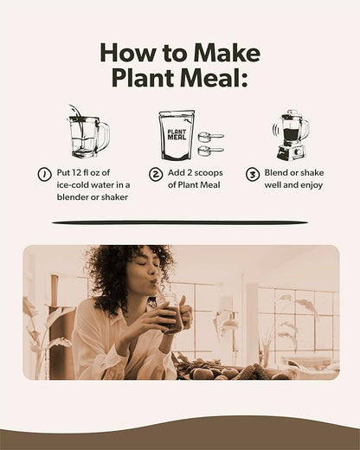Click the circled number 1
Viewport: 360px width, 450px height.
click(x=43, y=174)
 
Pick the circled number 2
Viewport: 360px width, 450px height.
click(x=156, y=174)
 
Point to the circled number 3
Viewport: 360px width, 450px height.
click(x=252, y=174)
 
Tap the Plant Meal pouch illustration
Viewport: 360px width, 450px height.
click(x=177, y=135)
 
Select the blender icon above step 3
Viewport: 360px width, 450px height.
click(x=291, y=134)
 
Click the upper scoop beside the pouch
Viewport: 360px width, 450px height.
click(x=210, y=137)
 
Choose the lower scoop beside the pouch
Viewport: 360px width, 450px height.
click(x=210, y=151)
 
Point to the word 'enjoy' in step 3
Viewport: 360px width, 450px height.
click(x=306, y=184)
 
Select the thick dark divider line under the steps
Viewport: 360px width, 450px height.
click(x=179, y=222)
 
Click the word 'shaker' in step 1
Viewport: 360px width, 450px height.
click(x=111, y=196)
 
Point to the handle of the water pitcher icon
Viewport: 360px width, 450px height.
click(x=105, y=136)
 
